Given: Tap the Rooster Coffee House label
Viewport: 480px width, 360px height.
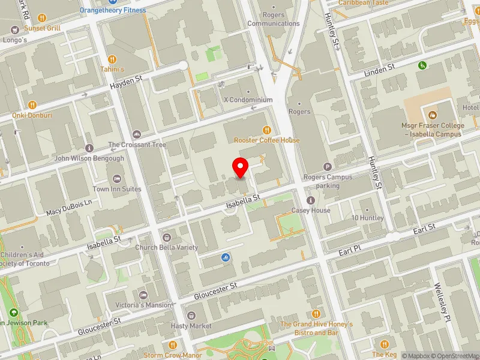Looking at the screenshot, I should [266, 140].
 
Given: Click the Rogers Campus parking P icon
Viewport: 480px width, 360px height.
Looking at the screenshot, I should [328, 167].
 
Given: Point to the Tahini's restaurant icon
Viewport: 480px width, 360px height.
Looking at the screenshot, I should [112, 59].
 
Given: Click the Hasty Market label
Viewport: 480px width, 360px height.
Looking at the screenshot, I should [191, 326].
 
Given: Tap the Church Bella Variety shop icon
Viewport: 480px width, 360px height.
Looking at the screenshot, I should [166, 237].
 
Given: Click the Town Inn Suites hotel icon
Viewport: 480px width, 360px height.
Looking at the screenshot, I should [117, 179].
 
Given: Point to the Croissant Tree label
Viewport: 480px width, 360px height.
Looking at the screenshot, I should [137, 145].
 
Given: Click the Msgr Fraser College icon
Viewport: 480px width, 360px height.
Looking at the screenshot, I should [432, 115].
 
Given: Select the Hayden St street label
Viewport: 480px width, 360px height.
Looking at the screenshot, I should [125, 82].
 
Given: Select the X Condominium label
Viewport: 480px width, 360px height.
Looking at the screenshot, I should [248, 100].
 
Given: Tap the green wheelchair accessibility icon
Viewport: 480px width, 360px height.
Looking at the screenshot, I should [422, 65].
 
